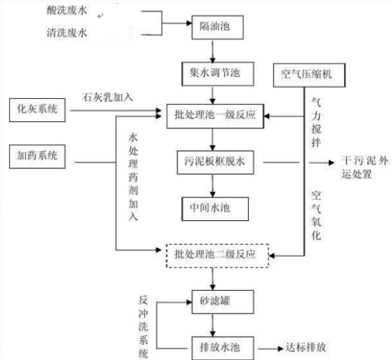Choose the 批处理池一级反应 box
(214, 116)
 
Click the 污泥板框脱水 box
(214, 163)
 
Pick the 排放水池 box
(214, 344)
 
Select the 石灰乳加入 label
(108, 97)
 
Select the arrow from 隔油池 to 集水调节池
(214, 48)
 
